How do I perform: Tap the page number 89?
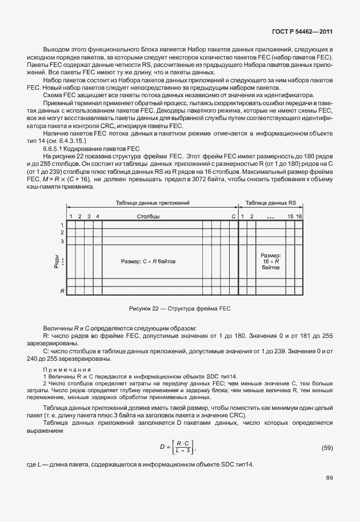[x=329, y=493]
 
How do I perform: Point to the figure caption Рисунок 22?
[x=179, y=309]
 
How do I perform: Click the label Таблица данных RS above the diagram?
[x=270, y=203]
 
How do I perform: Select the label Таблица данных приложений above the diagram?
[x=150, y=203]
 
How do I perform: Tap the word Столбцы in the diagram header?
[x=149, y=217]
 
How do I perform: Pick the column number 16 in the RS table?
[x=298, y=217]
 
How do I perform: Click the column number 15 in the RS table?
[x=290, y=217]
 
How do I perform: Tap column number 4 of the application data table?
[x=98, y=217]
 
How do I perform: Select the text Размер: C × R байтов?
[x=149, y=261]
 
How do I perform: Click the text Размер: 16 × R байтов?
[x=270, y=261]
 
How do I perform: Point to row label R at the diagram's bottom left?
[x=62, y=291]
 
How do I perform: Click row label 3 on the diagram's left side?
[x=62, y=241]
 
